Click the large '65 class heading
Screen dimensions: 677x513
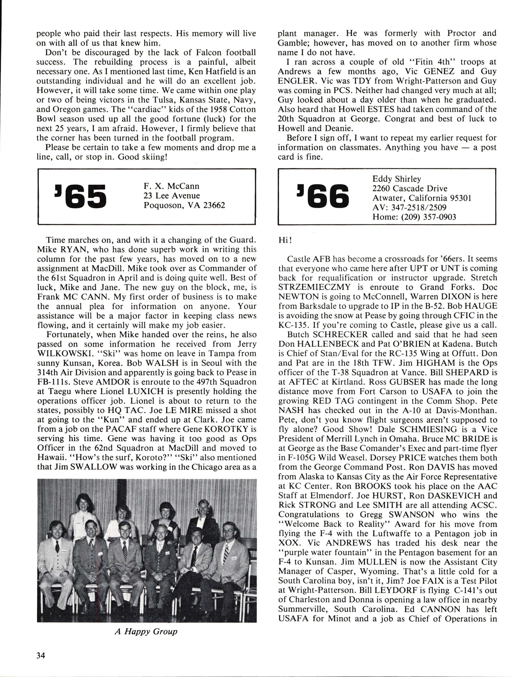[x=80, y=196]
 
